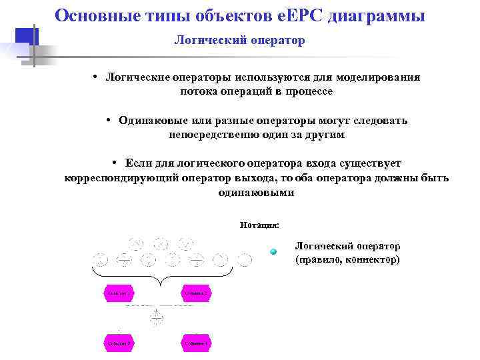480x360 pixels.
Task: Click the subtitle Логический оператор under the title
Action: [239, 41]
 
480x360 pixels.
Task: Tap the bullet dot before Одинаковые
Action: [108, 121]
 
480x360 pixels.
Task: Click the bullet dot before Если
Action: [115, 163]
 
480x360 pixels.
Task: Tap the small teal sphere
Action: [273, 251]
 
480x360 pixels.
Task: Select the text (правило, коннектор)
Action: [347, 259]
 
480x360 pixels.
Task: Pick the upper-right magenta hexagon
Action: [196, 293]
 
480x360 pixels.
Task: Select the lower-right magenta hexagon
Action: [196, 343]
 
